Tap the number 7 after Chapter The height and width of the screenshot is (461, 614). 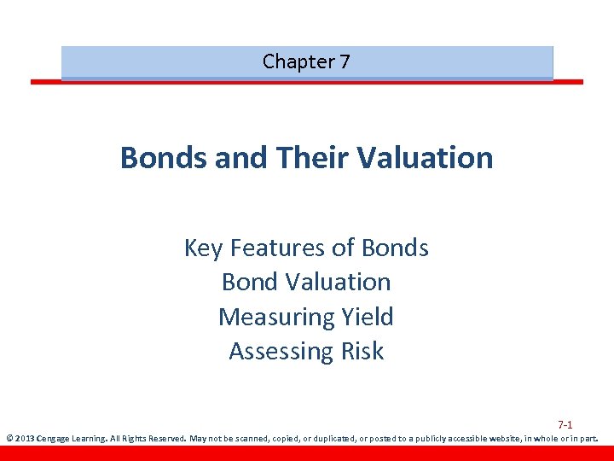click(344, 61)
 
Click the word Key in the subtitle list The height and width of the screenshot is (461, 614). click(203, 248)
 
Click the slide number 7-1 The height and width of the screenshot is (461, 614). click(565, 424)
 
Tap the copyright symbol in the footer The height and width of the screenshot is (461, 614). click(9, 440)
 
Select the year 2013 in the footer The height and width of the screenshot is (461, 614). click(25, 440)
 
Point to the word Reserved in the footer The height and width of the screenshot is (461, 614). click(165, 440)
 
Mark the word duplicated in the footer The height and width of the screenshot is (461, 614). click(327, 440)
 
